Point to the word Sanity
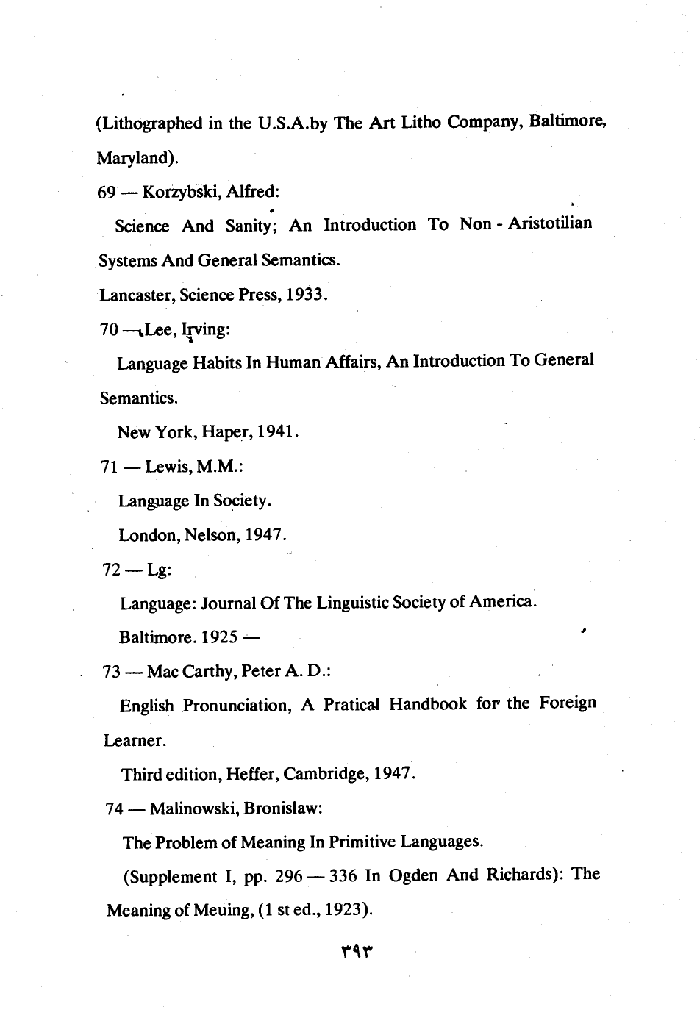tap(250, 226)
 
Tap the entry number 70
tap(109, 330)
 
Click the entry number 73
tap(115, 671)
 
